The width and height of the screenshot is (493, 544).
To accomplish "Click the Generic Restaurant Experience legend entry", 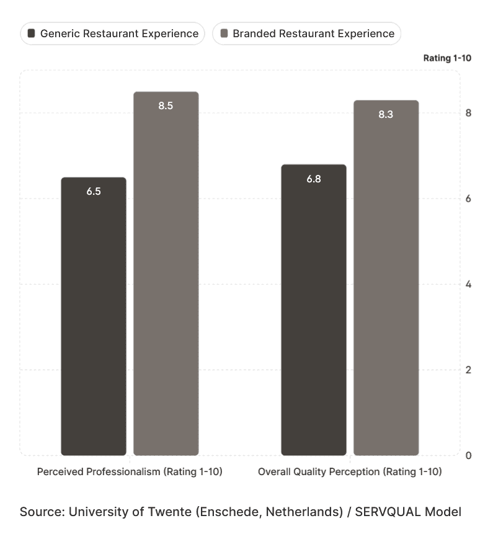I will tap(112, 33).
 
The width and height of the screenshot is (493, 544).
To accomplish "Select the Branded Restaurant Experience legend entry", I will tap(306, 33).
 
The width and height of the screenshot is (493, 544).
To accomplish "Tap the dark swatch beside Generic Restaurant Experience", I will tap(32, 33).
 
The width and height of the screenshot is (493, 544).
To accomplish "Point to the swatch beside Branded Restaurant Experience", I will tap(224, 33).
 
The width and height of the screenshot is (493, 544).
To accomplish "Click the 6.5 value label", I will tap(94, 191).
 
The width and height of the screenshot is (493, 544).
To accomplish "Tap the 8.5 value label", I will tap(166, 105).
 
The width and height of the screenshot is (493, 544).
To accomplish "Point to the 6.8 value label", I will tap(314, 179).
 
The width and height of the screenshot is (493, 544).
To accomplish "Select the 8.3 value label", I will tap(386, 114).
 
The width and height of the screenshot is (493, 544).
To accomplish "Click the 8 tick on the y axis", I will tap(468, 113).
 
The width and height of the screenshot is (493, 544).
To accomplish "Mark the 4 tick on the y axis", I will tap(468, 284).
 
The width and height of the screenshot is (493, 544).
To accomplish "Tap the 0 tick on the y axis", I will tap(468, 455).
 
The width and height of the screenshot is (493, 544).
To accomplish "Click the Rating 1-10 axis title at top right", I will tap(447, 58).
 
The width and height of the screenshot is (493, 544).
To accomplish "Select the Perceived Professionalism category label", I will tap(130, 472).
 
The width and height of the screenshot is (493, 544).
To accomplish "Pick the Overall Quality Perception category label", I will tap(350, 472).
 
